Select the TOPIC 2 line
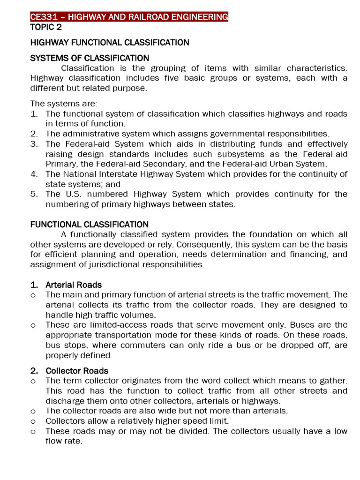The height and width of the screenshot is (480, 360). click(46, 27)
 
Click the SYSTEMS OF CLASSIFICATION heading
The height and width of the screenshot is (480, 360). click(90, 58)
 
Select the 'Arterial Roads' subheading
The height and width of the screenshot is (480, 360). click(74, 285)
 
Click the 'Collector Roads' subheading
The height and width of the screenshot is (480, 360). click(77, 371)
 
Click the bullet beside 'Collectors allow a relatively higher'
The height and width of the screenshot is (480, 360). click(33, 421)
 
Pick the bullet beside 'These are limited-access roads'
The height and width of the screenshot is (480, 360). click(33, 325)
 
